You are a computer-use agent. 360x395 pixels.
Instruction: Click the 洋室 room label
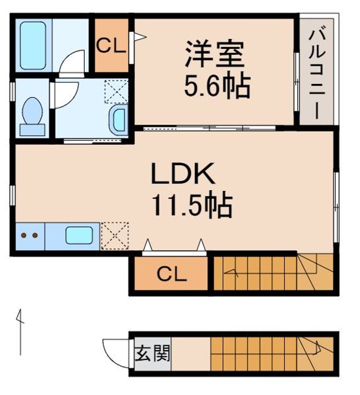(x=215, y=54)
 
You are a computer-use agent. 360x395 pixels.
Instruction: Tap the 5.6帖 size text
(x=217, y=86)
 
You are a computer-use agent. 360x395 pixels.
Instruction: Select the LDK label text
(x=183, y=173)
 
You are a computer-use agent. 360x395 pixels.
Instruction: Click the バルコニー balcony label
(x=317, y=75)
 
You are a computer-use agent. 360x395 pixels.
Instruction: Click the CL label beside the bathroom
(x=111, y=46)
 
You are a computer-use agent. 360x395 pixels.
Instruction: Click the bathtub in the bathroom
(x=33, y=46)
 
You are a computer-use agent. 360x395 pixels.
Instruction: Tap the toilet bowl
(x=32, y=111)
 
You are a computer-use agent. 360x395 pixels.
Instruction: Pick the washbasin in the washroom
(x=119, y=120)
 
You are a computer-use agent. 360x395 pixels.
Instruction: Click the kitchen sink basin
(x=79, y=235)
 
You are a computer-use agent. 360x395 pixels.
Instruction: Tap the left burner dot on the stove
(x=24, y=235)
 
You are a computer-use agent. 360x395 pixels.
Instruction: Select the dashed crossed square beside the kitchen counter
(x=115, y=236)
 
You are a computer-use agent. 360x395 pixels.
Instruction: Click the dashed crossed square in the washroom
(x=116, y=91)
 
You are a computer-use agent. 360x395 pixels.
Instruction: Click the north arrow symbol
(x=20, y=332)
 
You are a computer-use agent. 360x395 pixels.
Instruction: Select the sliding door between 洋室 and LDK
(x=209, y=128)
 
